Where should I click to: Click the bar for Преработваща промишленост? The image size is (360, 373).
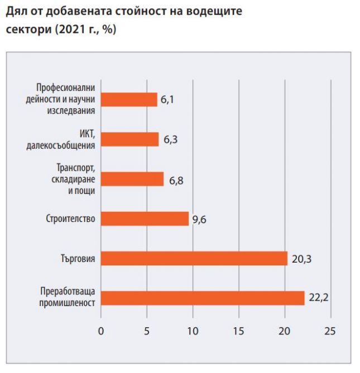(203, 298)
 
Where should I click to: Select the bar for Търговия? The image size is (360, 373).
(194, 258)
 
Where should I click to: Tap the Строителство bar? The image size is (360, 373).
(145, 219)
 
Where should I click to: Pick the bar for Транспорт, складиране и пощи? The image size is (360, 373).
(132, 179)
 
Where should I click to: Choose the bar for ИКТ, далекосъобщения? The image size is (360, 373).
(130, 139)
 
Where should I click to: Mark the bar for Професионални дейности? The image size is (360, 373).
(129, 99)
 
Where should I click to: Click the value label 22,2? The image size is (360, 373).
(318, 298)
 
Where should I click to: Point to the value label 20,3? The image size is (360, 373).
(301, 258)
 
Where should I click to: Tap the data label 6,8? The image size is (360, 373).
(176, 180)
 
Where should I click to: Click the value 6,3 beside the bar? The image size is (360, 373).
(170, 139)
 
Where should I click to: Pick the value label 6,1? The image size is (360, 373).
(169, 100)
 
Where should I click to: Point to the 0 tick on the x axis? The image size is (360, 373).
(101, 331)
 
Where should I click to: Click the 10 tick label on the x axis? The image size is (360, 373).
(193, 331)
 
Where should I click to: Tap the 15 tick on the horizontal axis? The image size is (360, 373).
(238, 331)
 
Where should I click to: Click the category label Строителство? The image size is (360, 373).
(71, 219)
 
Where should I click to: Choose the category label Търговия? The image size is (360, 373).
(78, 258)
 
